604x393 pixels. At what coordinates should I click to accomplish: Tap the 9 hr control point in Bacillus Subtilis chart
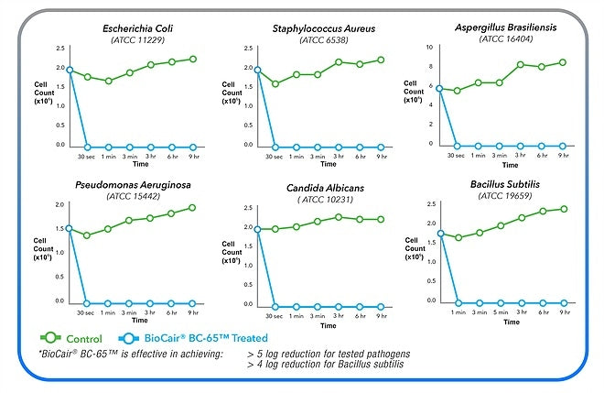point(565,209)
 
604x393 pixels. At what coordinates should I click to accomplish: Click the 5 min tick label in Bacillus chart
point(501,312)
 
